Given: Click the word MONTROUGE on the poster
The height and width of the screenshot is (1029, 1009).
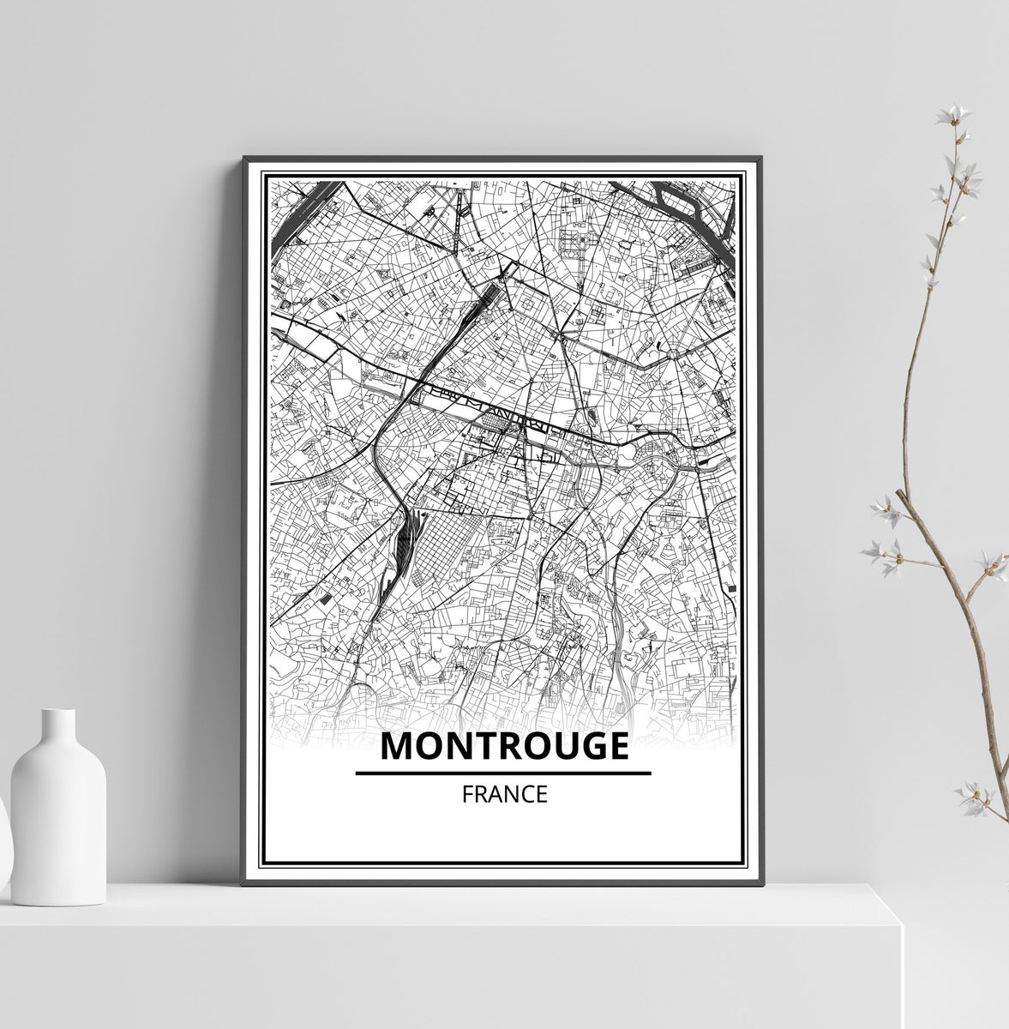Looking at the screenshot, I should click(503, 746).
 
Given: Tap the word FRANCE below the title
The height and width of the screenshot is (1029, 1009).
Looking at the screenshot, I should click(503, 795).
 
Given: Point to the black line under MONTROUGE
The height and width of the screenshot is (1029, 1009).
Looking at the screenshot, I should click(503, 773).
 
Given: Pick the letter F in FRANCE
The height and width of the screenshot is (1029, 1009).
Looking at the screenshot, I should click(467, 795).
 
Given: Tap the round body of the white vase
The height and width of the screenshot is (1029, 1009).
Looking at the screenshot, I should click(58, 823).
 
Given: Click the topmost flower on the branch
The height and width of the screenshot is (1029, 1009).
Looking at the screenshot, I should click(952, 115).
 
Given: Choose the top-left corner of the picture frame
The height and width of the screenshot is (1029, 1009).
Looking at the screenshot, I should click(245, 159).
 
